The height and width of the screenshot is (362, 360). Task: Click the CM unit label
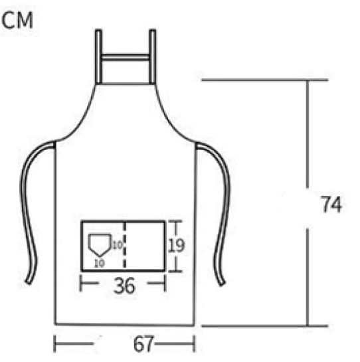point(17,21)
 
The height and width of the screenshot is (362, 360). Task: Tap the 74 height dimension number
point(331,205)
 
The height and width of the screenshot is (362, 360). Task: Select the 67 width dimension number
point(143,344)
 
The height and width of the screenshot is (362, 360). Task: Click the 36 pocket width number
point(124,286)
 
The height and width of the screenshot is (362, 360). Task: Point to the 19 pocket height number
point(177,245)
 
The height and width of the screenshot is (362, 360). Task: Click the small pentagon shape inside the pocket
point(100,244)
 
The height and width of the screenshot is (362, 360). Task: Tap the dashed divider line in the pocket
point(125,246)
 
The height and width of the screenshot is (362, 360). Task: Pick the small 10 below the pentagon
point(100,263)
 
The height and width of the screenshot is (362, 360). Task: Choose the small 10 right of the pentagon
point(118,245)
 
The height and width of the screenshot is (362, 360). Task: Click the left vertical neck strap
point(98,56)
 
